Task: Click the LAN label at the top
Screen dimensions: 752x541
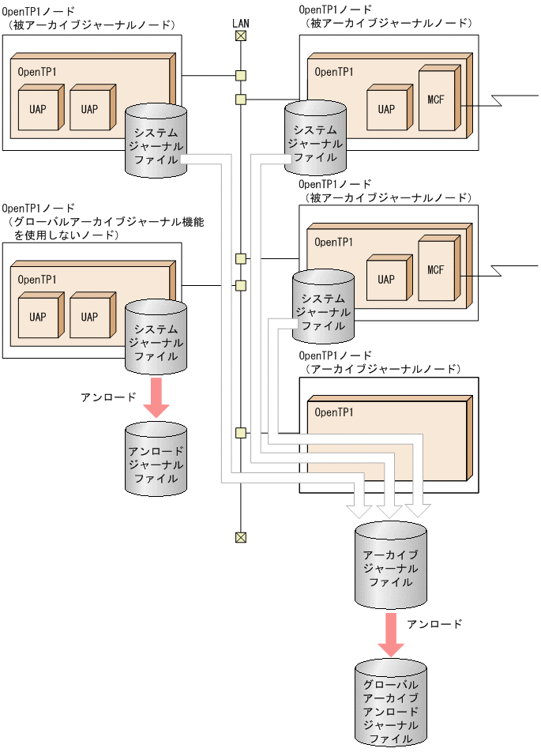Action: pyautogui.click(x=241, y=23)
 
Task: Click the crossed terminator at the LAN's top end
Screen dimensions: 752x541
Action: pyautogui.click(x=241, y=36)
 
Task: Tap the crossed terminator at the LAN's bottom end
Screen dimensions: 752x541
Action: pyautogui.click(x=241, y=537)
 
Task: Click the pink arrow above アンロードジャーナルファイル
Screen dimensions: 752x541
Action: pyautogui.click(x=156, y=396)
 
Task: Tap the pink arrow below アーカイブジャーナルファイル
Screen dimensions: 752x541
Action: pyautogui.click(x=391, y=634)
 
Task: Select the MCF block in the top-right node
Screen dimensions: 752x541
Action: pyautogui.click(x=436, y=100)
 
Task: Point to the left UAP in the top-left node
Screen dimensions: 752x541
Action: pyautogui.click(x=38, y=109)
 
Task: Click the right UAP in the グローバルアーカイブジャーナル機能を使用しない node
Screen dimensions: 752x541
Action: pyautogui.click(x=89, y=317)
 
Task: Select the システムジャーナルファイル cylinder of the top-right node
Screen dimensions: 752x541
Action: pyautogui.click(x=314, y=134)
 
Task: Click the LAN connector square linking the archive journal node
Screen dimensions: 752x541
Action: pyautogui.click(x=241, y=433)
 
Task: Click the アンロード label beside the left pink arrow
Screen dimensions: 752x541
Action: pyautogui.click(x=108, y=397)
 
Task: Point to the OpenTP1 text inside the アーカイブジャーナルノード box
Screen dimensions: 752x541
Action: pyautogui.click(x=334, y=412)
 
